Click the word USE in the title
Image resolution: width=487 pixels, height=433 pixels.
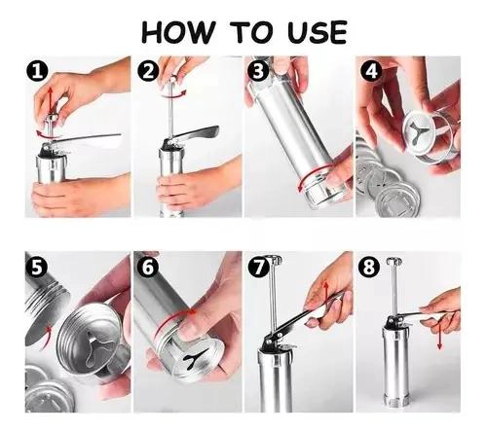pyautogui.click(x=318, y=32)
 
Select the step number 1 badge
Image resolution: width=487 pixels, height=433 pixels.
pyautogui.click(x=37, y=72)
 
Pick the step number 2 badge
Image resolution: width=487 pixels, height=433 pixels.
pyautogui.click(x=148, y=71)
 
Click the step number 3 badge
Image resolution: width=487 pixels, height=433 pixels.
pyautogui.click(x=258, y=71)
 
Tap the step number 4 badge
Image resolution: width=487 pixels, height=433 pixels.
pyautogui.click(x=371, y=71)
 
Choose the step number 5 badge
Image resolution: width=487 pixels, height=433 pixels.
pyautogui.click(x=37, y=268)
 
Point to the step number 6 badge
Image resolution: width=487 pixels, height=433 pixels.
pyautogui.click(x=148, y=268)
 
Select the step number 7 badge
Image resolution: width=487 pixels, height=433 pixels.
pyautogui.click(x=258, y=268)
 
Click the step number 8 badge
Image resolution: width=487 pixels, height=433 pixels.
pyautogui.click(x=368, y=268)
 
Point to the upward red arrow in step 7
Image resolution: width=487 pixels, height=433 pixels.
pyautogui.click(x=326, y=292)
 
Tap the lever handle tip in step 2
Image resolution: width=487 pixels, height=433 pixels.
pyautogui.click(x=214, y=129)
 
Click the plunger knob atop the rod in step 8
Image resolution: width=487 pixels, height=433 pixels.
pyautogui.click(x=393, y=261)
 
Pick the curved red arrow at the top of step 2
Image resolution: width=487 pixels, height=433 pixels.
pyautogui.click(x=172, y=95)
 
